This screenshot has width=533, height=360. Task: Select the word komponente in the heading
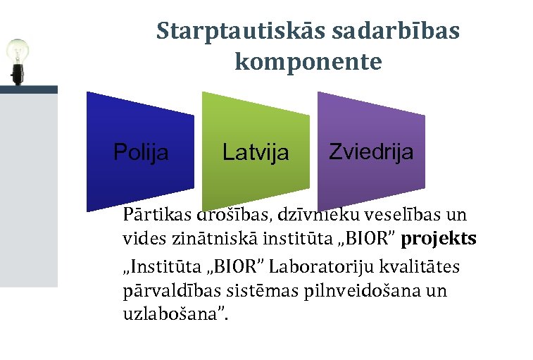[x=308, y=63]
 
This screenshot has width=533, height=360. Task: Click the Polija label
[x=141, y=152]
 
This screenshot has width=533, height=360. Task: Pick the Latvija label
[x=256, y=152]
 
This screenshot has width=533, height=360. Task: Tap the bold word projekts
[x=439, y=239]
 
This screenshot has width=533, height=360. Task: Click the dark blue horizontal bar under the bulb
[x=28, y=89]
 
